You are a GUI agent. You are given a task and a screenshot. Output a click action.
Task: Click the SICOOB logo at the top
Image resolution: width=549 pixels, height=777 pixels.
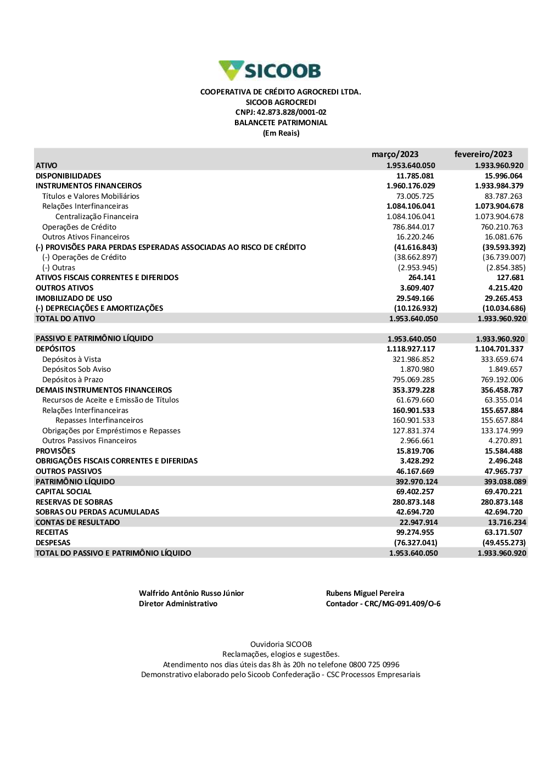coord(270,71)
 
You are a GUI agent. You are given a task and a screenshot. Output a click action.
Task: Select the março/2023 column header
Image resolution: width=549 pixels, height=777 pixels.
coord(395,154)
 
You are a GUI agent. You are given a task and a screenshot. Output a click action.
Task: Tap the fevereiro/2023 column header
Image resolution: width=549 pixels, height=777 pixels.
coord(483,154)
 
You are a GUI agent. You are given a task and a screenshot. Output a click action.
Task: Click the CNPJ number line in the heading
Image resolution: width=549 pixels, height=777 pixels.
coord(281,113)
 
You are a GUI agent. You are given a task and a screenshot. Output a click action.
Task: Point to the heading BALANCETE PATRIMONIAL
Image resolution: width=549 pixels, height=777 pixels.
coord(281,123)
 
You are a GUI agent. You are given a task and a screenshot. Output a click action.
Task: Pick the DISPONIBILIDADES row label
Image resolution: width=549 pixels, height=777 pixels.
coord(69,176)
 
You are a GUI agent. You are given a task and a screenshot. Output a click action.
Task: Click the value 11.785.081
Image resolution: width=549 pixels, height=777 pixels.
coord(415,176)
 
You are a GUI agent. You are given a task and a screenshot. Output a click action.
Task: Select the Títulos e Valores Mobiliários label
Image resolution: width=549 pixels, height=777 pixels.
coord(91,196)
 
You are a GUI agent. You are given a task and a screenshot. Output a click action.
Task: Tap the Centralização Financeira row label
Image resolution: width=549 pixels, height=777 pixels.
coord(97,216)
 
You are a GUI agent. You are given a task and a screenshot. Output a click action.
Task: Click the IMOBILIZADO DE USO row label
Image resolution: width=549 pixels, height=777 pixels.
coord(74,298)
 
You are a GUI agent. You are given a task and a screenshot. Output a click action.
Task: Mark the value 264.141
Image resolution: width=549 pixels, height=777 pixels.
coord(422,278)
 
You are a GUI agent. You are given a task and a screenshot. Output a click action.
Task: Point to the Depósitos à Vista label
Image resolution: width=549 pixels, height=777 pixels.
coord(71,359)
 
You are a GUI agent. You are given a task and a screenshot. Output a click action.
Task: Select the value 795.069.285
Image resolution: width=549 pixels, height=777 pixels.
coord(413,379)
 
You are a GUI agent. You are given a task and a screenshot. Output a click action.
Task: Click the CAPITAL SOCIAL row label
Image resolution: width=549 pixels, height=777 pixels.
coord(64,491)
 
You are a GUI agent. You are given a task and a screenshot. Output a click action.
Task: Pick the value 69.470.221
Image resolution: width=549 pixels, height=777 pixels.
coord(503,491)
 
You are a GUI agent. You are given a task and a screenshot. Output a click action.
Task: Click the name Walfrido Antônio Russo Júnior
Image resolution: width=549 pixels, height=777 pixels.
coord(191,593)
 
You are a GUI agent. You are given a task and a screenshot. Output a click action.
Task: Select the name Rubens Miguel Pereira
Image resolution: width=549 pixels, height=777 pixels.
coord(365,593)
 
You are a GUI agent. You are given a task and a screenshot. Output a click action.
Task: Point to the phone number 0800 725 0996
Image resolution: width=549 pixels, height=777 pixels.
coord(374,664)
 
